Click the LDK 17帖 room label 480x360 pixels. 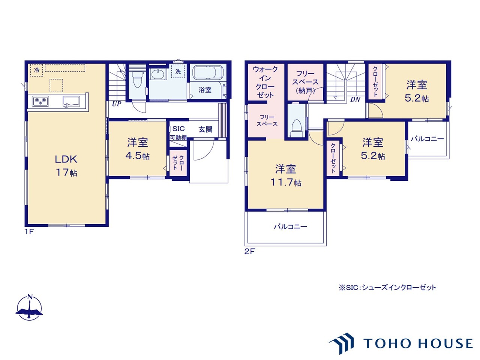pos(66,166)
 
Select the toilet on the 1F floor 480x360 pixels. pos(137,78)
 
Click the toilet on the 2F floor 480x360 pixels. pos(296,128)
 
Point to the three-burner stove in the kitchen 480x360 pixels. pos(40,101)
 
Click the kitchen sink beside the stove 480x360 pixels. pos(71,102)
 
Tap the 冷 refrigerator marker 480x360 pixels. pos(36,70)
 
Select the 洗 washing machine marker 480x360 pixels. pos(178,71)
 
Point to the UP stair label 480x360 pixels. pos(117,103)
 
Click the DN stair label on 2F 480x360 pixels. pos(355,99)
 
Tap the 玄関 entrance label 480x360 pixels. pos(205,129)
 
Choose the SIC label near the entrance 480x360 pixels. pos(178,129)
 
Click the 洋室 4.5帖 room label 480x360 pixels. pos(138,149)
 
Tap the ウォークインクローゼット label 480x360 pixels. pos(265,82)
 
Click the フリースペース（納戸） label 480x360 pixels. pos(305,82)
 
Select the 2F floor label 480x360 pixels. pos(249,252)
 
